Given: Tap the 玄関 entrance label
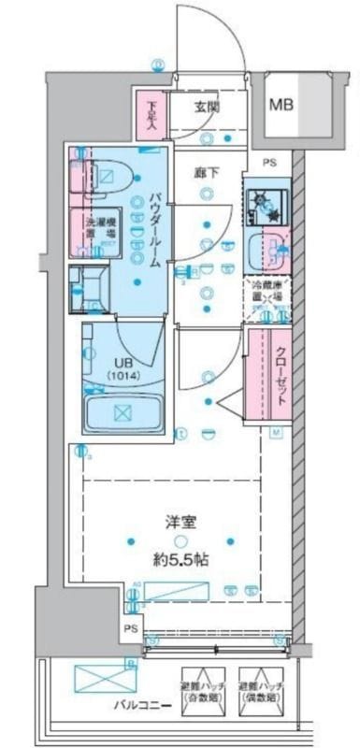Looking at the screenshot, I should pos(208,106).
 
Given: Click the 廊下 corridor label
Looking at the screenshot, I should pos(208,173).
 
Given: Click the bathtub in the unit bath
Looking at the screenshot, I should pos(123,411).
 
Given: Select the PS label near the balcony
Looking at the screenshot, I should pos(131,632).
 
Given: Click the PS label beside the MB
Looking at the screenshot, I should pos(270,162).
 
